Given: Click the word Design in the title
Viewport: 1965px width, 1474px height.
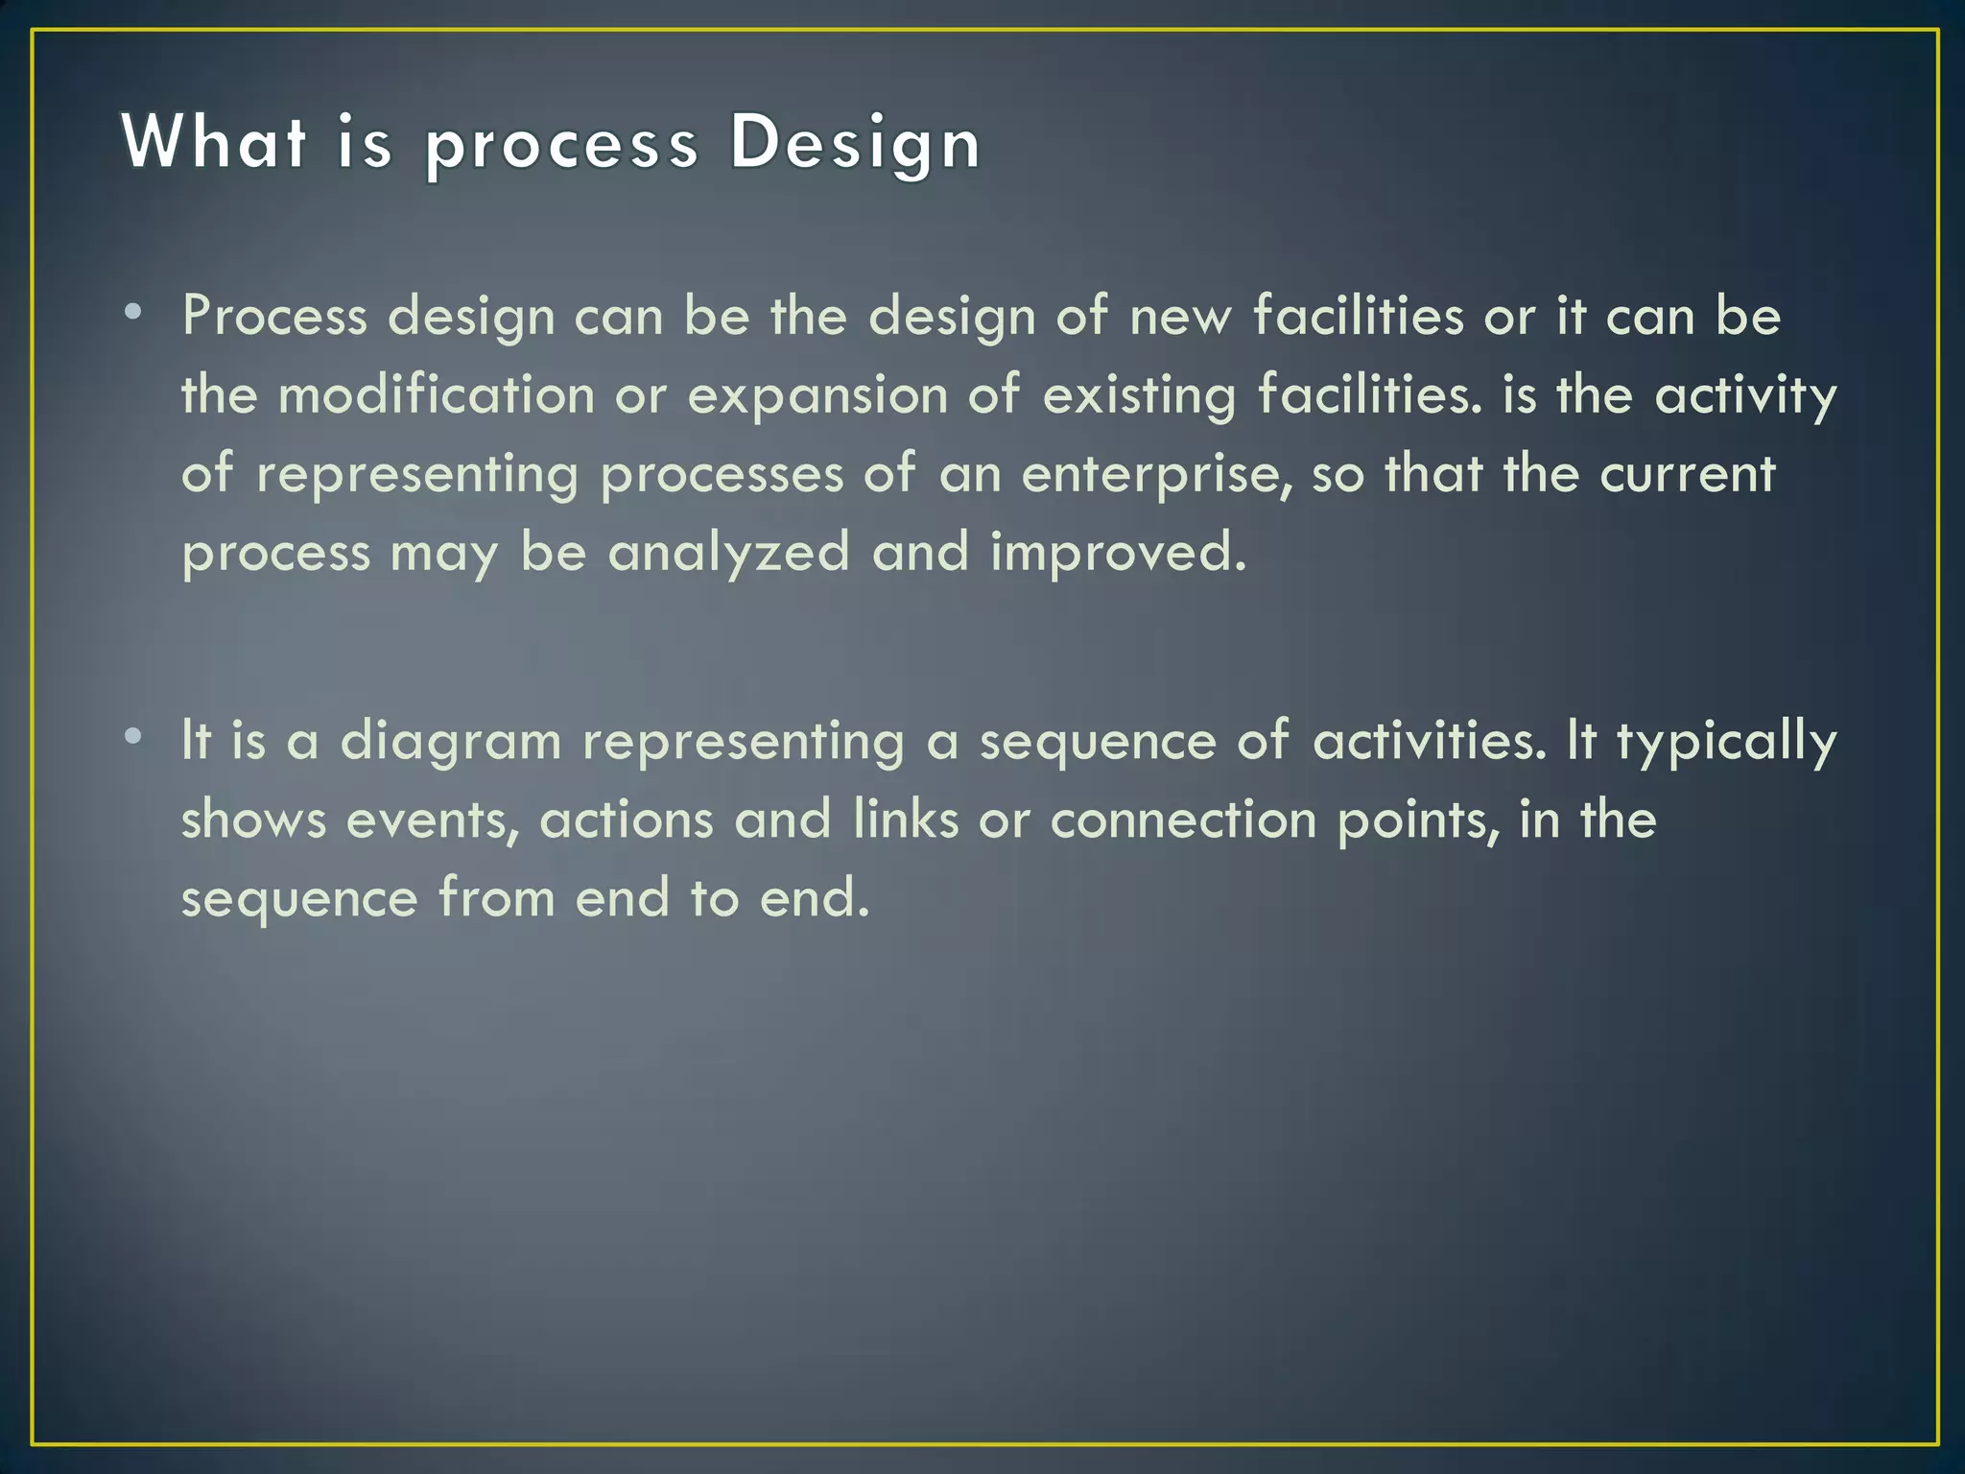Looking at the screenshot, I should tap(855, 144).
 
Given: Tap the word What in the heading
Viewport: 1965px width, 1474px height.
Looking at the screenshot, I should tap(214, 142).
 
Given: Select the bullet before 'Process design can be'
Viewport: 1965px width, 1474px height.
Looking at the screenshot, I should tap(133, 311).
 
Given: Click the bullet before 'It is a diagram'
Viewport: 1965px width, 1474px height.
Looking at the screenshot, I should tap(133, 736).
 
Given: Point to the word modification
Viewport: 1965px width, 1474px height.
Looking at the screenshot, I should tap(437, 395).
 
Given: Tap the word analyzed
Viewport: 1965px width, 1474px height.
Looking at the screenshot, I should tap(729, 554).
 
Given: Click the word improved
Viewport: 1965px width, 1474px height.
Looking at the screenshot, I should tap(1118, 554).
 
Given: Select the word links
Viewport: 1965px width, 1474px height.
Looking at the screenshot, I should tap(906, 820).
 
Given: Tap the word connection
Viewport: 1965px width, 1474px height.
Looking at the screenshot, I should tap(1183, 820).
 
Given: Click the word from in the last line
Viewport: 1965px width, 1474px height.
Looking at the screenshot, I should tap(496, 898).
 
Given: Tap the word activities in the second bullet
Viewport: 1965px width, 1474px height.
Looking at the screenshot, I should tap(1430, 741).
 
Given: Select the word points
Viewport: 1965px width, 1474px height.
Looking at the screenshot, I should tap(1418, 821).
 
